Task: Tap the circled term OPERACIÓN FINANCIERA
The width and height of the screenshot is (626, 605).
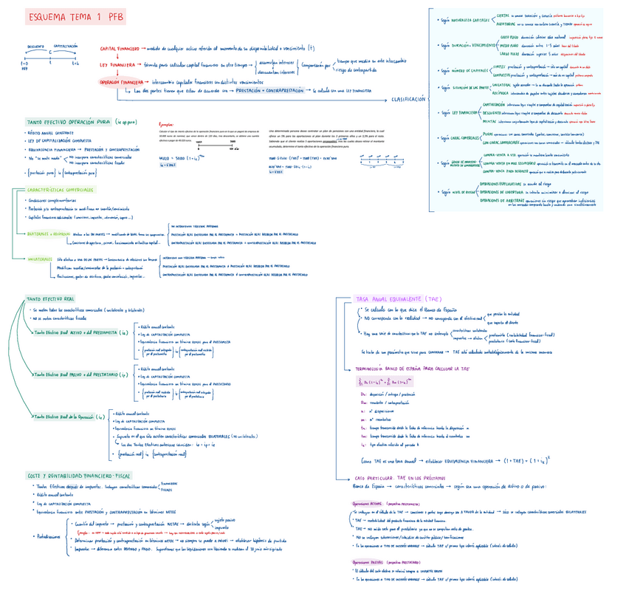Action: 122,83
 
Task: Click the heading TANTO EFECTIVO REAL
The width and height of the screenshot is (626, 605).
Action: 50,298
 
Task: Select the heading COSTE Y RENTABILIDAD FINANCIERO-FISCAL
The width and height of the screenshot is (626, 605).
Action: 80,475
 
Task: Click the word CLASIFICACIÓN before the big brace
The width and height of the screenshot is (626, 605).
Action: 407,99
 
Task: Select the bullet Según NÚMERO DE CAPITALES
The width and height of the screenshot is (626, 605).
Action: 462,72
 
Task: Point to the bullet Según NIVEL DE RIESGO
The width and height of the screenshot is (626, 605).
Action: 459,192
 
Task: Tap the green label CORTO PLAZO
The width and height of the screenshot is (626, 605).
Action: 509,36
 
